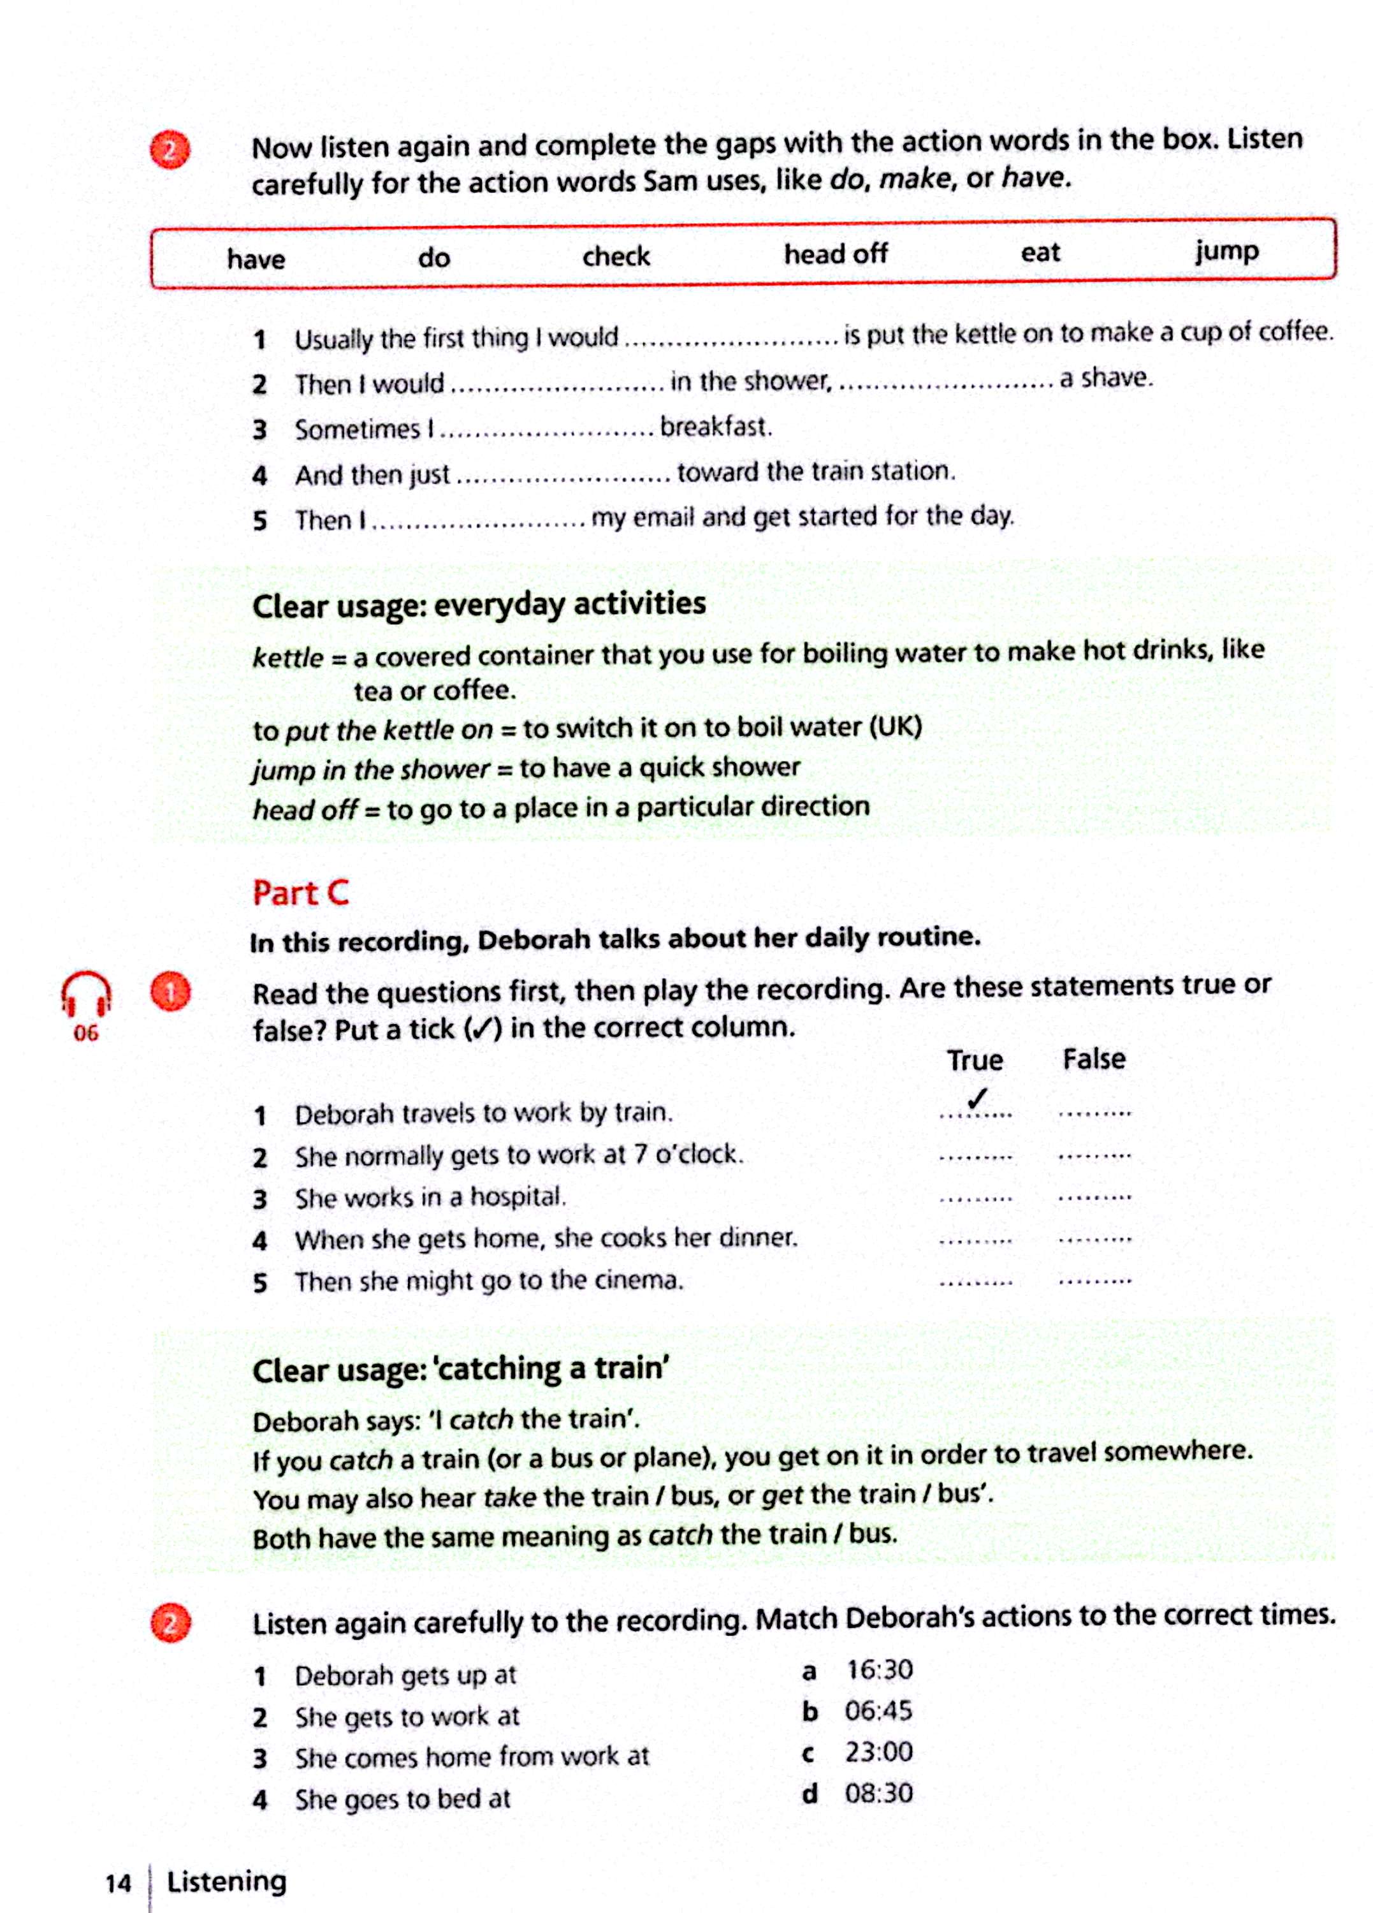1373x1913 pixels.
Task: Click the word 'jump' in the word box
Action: (x=1226, y=251)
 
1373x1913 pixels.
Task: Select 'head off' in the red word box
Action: (x=835, y=253)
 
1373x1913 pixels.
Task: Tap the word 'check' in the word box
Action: (x=616, y=256)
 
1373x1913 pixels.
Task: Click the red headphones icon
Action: (x=85, y=993)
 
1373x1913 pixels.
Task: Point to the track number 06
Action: (x=85, y=1033)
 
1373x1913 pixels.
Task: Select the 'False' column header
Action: (x=1093, y=1059)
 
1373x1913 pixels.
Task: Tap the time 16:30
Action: (x=879, y=1669)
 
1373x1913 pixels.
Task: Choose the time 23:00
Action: (x=879, y=1751)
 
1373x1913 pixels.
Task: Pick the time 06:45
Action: (x=879, y=1711)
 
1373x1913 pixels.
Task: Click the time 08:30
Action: (x=879, y=1792)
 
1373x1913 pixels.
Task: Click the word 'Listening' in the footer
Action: (x=227, y=1881)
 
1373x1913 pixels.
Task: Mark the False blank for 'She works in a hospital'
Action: (x=1094, y=1198)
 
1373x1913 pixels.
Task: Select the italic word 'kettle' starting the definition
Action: (x=287, y=657)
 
